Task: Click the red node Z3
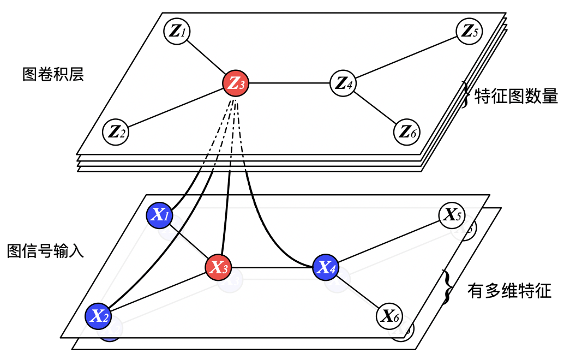pos(236,83)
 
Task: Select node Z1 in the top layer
pos(177,31)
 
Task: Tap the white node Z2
pos(116,131)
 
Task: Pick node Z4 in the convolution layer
pos(344,83)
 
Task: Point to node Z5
pos(469,31)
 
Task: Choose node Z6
pos(407,131)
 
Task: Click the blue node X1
pos(160,215)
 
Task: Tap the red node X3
pos(218,267)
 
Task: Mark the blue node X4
pos(326,267)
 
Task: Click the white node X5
pos(452,215)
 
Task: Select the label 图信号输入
pos(45,251)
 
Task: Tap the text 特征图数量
pos(516,97)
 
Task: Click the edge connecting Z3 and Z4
pos(290,83)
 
